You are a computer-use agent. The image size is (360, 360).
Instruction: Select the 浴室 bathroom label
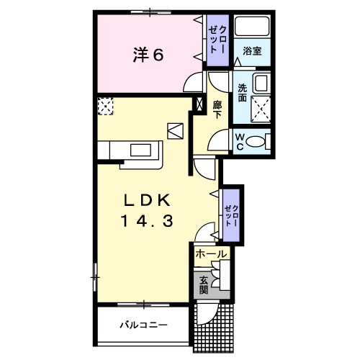pyautogui.click(x=252, y=52)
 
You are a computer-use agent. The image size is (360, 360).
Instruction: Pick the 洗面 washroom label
pyautogui.click(x=243, y=93)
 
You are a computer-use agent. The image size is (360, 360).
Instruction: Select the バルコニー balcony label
pyautogui.click(x=143, y=325)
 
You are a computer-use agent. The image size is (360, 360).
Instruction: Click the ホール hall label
pyautogui.click(x=210, y=254)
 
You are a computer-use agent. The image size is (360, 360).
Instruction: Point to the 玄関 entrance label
pyautogui.click(x=204, y=286)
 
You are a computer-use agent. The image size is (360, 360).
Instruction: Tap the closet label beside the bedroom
pyautogui.click(x=217, y=38)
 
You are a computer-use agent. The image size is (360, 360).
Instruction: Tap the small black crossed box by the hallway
pyautogui.click(x=199, y=104)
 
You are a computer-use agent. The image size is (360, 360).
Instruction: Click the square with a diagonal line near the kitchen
pyautogui.click(x=176, y=130)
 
